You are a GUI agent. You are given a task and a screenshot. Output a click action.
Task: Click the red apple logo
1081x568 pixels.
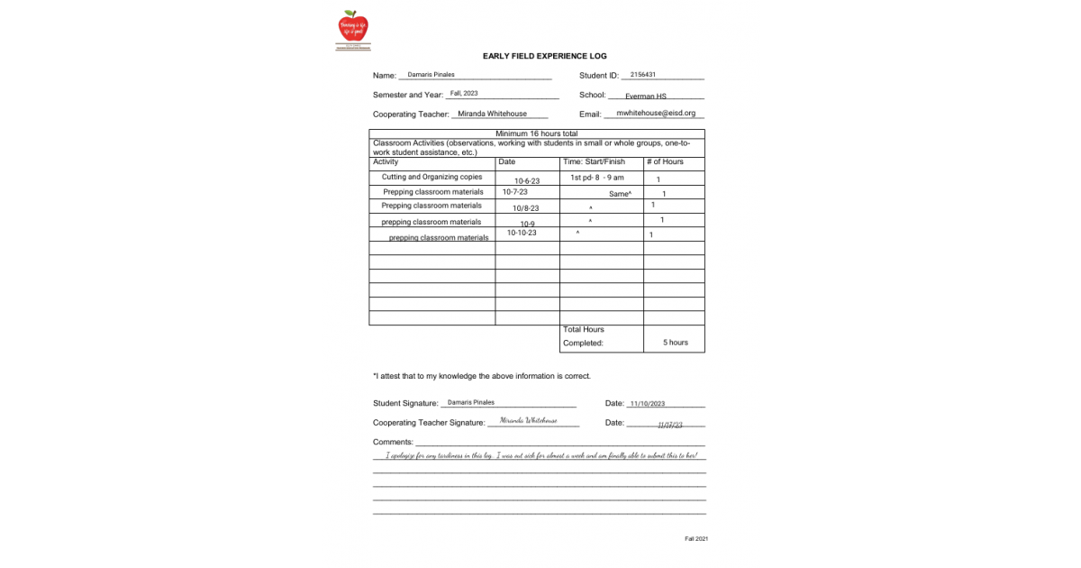(353, 26)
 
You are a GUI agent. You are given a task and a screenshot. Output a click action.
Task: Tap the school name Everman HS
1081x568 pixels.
(645, 96)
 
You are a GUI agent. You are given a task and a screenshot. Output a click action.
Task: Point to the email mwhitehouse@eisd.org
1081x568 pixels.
(656, 114)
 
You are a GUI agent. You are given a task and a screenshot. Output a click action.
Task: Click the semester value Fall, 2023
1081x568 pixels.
(464, 93)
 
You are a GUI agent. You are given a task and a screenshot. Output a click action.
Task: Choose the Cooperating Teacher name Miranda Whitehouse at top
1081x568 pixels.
(492, 114)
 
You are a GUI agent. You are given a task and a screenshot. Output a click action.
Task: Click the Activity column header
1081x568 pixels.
(386, 162)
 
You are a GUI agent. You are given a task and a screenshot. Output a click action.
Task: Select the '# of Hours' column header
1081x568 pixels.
(665, 162)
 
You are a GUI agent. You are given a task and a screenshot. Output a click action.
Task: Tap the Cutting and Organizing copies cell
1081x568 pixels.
(431, 178)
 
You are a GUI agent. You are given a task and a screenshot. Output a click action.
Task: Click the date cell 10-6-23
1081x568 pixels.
(527, 181)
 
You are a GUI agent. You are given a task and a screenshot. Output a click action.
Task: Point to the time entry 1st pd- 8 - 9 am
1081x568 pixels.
(596, 178)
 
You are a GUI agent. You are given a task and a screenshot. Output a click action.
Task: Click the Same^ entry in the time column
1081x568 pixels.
(620, 194)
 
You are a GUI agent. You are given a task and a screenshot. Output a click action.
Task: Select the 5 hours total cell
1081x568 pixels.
(675, 343)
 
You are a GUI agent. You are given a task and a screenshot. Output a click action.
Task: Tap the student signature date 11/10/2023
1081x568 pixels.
(647, 404)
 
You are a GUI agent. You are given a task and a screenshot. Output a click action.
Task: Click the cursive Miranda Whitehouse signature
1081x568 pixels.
(528, 421)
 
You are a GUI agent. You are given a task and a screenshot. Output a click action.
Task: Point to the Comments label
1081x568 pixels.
(393, 442)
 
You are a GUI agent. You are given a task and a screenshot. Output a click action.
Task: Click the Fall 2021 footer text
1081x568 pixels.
(696, 539)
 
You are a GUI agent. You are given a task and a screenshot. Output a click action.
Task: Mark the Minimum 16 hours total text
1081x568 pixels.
(537, 133)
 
